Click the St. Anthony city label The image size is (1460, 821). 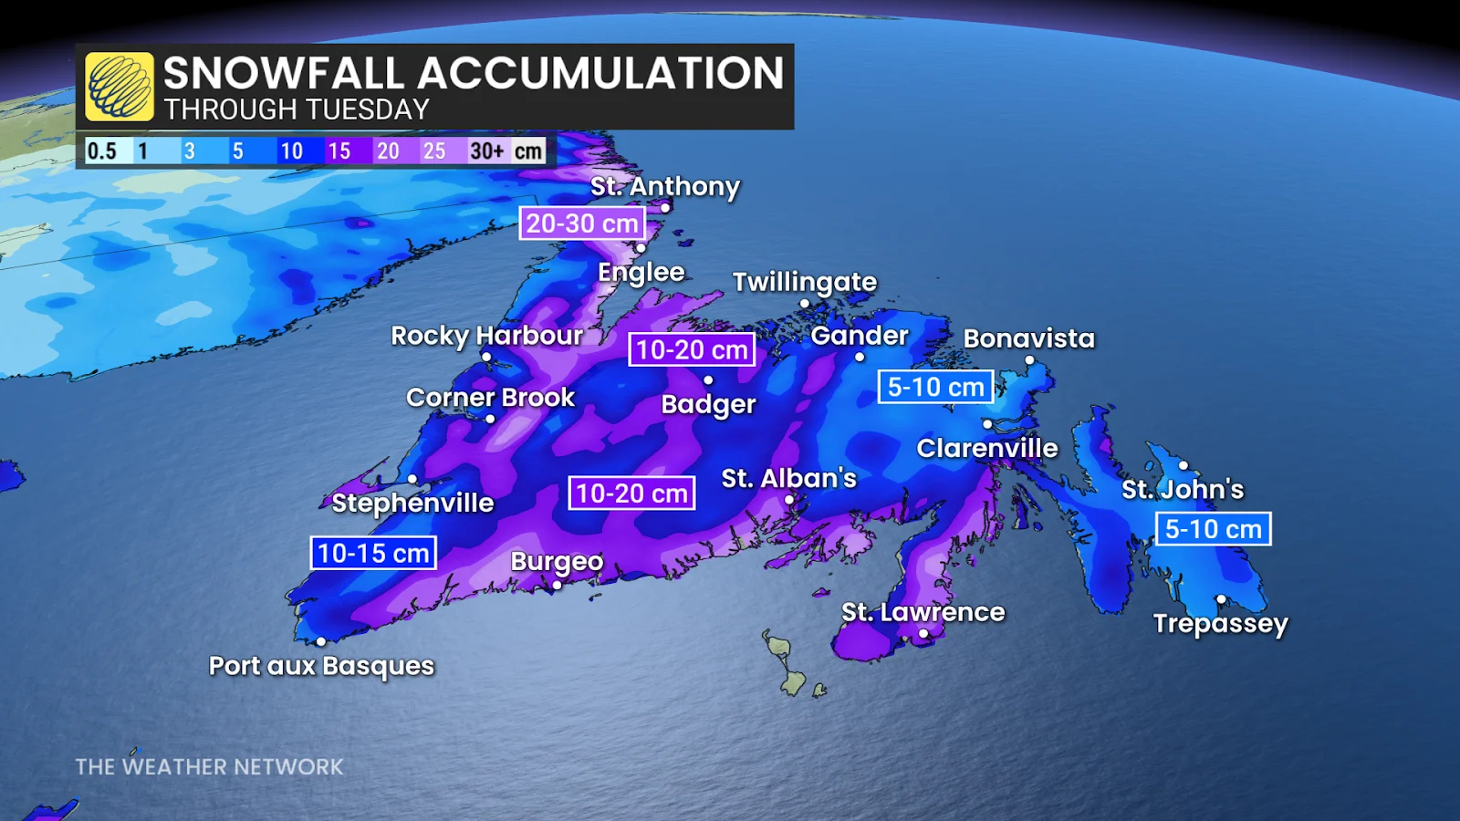pyautogui.click(x=664, y=186)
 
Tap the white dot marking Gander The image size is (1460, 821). pyautogui.click(x=859, y=358)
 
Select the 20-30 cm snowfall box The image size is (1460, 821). pyautogui.click(x=582, y=223)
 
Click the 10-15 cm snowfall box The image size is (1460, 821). pyautogui.click(x=373, y=553)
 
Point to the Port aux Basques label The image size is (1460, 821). pyautogui.click(x=321, y=666)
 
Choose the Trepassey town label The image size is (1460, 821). pyautogui.click(x=1220, y=624)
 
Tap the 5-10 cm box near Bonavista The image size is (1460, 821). pyautogui.click(x=935, y=387)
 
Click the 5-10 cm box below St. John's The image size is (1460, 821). pyautogui.click(x=1213, y=529)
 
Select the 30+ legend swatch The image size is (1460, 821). pyautogui.click(x=486, y=151)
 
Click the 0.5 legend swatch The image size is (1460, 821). pyautogui.click(x=101, y=151)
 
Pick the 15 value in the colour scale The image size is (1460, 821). pyautogui.click(x=339, y=151)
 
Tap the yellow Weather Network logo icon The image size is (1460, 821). pyautogui.click(x=120, y=87)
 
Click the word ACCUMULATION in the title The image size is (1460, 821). pyautogui.click(x=600, y=74)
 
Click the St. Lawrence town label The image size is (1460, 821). pyautogui.click(x=923, y=612)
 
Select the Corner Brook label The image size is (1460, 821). pyautogui.click(x=490, y=398)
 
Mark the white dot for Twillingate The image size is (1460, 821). pyautogui.click(x=804, y=304)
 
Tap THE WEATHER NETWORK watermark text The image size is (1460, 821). pyautogui.click(x=209, y=767)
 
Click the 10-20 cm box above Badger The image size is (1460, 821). pyautogui.click(x=692, y=349)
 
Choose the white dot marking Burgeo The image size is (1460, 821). pyautogui.click(x=557, y=586)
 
